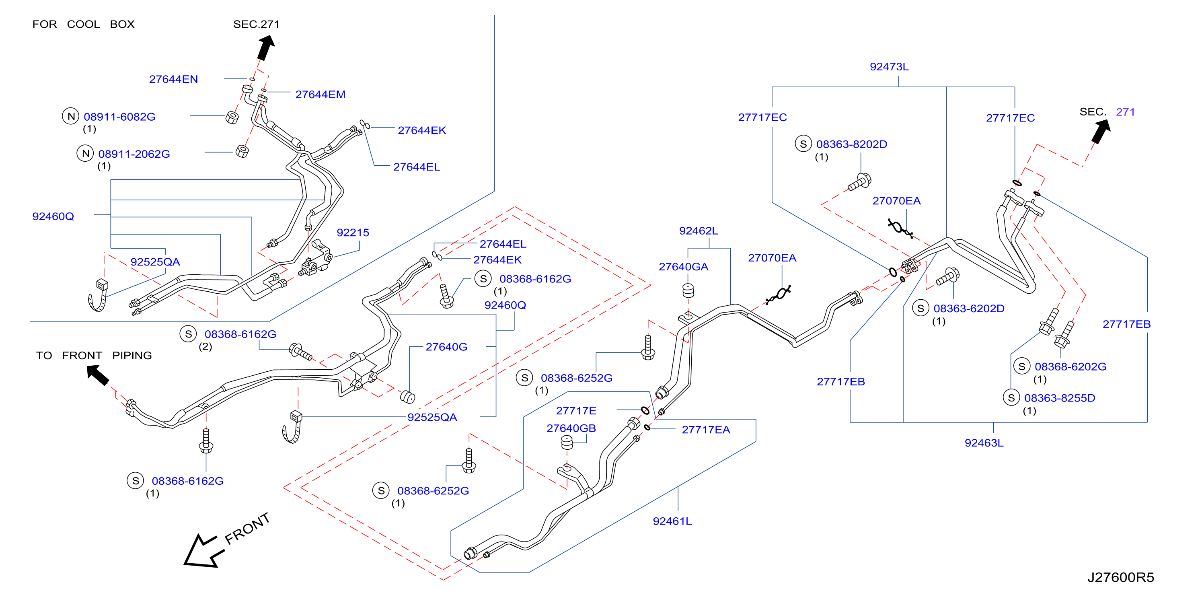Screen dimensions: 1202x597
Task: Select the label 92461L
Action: point(672,521)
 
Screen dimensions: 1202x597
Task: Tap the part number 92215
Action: point(353,233)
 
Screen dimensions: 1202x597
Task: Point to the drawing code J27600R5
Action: point(1120,577)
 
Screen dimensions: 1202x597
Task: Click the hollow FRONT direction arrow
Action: point(204,551)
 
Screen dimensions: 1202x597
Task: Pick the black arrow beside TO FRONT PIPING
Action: point(98,375)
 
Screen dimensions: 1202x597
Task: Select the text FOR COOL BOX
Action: point(84,24)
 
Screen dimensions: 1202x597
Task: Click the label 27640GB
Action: point(571,428)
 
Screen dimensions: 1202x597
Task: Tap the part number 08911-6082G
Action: point(119,117)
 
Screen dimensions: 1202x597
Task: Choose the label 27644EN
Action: point(174,79)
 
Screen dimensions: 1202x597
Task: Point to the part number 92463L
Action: point(984,443)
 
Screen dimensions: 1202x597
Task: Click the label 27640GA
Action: point(683,267)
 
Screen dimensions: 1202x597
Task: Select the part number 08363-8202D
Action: point(852,144)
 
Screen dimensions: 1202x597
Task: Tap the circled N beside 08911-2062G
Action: point(85,153)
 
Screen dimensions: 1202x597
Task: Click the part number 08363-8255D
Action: point(1060,398)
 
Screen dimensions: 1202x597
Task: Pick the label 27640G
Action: point(446,347)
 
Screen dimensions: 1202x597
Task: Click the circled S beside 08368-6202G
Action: point(1022,366)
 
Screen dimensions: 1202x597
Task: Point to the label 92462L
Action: point(699,231)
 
